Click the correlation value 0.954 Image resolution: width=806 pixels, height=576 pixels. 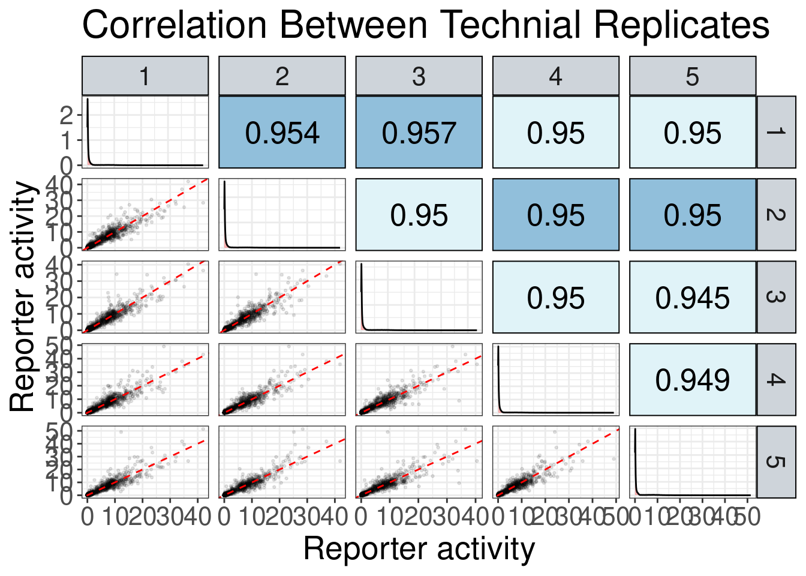[282, 133]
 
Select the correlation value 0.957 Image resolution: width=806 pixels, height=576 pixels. [419, 133]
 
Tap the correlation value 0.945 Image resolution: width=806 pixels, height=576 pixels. [692, 298]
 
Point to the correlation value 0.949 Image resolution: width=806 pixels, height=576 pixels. [692, 380]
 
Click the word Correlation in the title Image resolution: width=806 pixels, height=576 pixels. [175, 26]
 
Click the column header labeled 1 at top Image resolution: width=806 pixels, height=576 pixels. [145, 76]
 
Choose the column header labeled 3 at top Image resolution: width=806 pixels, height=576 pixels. [419, 76]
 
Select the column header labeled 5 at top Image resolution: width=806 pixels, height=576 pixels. [692, 76]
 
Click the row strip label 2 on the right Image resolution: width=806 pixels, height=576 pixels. [775, 214]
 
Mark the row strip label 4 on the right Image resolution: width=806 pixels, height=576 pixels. [775, 379]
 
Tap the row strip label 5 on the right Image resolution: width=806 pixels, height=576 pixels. [775, 461]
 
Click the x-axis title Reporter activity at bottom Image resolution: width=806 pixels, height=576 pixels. [419, 549]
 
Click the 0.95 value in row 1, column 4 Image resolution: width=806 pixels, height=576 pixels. [555, 133]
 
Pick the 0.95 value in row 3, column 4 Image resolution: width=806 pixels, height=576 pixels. [555, 298]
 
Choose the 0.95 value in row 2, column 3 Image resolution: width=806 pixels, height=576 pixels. [419, 215]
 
